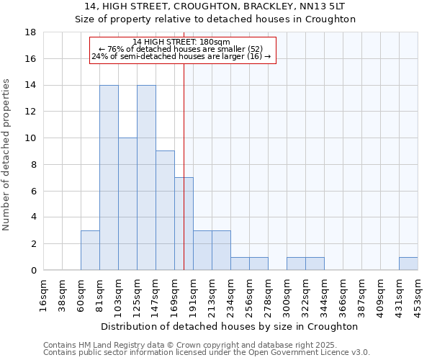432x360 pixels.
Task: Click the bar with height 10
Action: [127, 204]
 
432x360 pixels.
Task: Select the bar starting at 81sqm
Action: [109, 178]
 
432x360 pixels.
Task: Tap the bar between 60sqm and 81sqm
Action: [90, 250]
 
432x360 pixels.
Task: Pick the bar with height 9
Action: [165, 210]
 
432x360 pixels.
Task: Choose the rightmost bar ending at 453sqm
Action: [408, 264]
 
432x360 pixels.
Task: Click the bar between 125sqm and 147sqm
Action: [146, 178]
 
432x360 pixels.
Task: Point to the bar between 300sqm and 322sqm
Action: [296, 264]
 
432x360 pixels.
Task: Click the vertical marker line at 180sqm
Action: [184, 144]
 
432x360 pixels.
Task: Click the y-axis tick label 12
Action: [31, 112]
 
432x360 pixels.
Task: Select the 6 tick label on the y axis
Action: [34, 191]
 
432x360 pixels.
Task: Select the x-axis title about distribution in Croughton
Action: [230, 326]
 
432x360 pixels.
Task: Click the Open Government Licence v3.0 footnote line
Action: [207, 353]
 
